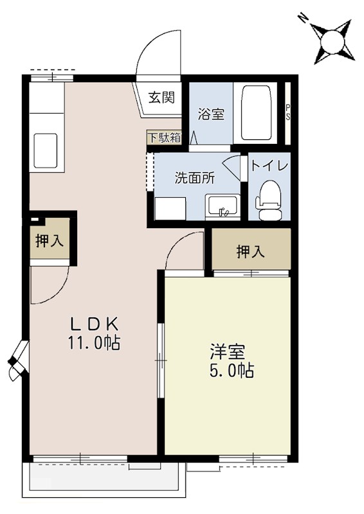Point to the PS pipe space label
[x=288, y=112]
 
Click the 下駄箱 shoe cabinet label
[x=165, y=137]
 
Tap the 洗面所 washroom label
[x=194, y=179]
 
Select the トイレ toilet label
[x=269, y=165]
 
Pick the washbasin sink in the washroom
[x=223, y=208]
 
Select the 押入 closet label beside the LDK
[x=49, y=242]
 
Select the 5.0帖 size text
[x=228, y=371]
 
